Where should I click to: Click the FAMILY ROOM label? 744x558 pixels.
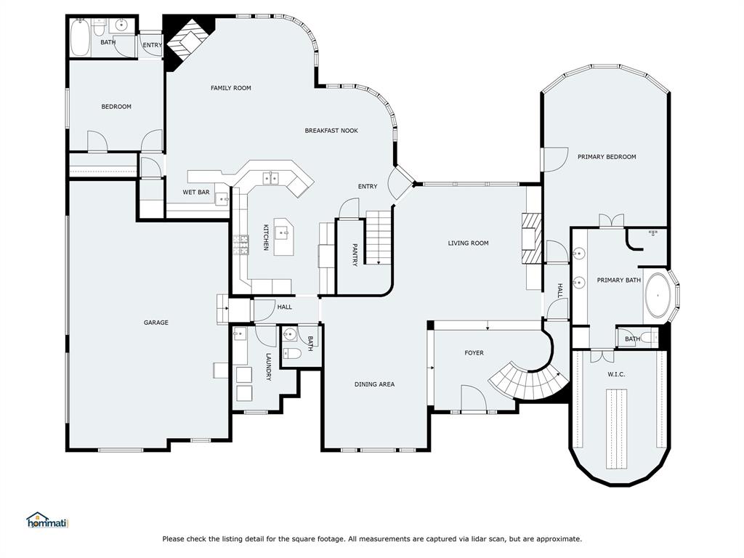point(231,89)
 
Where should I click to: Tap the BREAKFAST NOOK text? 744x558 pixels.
point(331,131)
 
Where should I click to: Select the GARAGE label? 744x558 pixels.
point(155,323)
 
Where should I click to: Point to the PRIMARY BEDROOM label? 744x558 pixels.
point(607,157)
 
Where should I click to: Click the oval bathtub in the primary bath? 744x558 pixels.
point(659,296)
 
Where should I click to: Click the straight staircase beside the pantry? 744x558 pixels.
point(378,237)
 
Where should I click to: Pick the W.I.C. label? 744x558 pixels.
point(616,374)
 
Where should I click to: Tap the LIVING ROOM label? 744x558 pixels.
point(468,243)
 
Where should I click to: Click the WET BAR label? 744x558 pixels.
point(196,193)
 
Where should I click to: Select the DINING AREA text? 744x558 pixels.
point(374,384)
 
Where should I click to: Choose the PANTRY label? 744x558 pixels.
point(355,254)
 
